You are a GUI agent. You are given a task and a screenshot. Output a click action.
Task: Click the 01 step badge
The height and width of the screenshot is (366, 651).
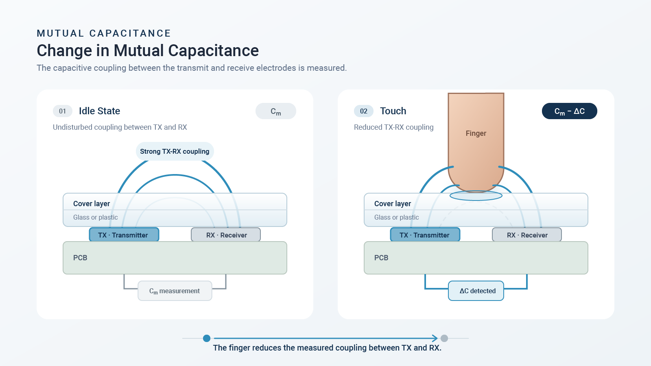[63, 111]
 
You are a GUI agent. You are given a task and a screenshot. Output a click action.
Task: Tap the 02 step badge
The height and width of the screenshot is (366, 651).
[364, 111]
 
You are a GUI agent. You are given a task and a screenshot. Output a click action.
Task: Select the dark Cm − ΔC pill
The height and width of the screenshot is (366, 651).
[569, 111]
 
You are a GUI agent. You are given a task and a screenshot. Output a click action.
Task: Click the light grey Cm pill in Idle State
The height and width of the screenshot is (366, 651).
[276, 111]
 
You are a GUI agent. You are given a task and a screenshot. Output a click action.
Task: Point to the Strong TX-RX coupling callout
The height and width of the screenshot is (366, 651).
[175, 151]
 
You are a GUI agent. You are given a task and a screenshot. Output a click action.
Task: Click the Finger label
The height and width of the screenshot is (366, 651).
[476, 133]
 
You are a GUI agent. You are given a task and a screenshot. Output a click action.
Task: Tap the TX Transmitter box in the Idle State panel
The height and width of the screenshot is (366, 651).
[124, 235]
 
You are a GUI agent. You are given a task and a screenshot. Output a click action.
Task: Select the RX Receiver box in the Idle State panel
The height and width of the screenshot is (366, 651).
[226, 235]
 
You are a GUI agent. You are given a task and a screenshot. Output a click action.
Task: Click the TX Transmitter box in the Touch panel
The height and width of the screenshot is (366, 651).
[425, 235]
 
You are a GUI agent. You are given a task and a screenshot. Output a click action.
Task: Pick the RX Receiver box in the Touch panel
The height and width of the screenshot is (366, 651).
[527, 235]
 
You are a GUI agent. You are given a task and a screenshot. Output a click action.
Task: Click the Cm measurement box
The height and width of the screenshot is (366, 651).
[175, 291]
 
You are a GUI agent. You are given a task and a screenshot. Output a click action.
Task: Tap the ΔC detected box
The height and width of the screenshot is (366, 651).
[476, 291]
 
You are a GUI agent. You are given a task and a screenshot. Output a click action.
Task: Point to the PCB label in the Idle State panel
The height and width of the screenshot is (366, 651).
[80, 258]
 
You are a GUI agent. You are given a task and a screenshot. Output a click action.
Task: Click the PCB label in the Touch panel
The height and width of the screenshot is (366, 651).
[381, 258]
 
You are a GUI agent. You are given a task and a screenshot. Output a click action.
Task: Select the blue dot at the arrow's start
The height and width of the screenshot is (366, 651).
[207, 338]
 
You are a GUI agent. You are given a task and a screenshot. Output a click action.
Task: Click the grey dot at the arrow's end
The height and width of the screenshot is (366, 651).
[444, 338]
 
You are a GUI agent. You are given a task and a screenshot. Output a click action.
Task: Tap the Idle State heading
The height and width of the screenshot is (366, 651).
[99, 111]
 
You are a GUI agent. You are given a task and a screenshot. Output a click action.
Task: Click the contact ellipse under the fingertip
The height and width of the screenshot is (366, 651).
[476, 196]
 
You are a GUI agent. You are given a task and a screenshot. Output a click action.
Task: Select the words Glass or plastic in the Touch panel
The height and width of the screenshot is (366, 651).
[396, 217]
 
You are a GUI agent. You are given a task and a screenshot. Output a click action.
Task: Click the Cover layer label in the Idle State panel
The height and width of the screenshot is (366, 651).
[92, 204]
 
